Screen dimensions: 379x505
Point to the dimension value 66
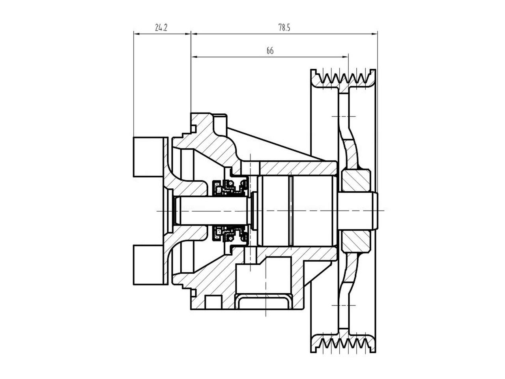270,51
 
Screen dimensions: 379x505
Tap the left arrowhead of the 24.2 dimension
137,34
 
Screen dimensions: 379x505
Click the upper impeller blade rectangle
148,157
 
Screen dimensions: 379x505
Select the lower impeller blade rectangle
148,264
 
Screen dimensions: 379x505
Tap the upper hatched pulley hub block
355,181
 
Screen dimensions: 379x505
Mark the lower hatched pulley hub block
355,241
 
